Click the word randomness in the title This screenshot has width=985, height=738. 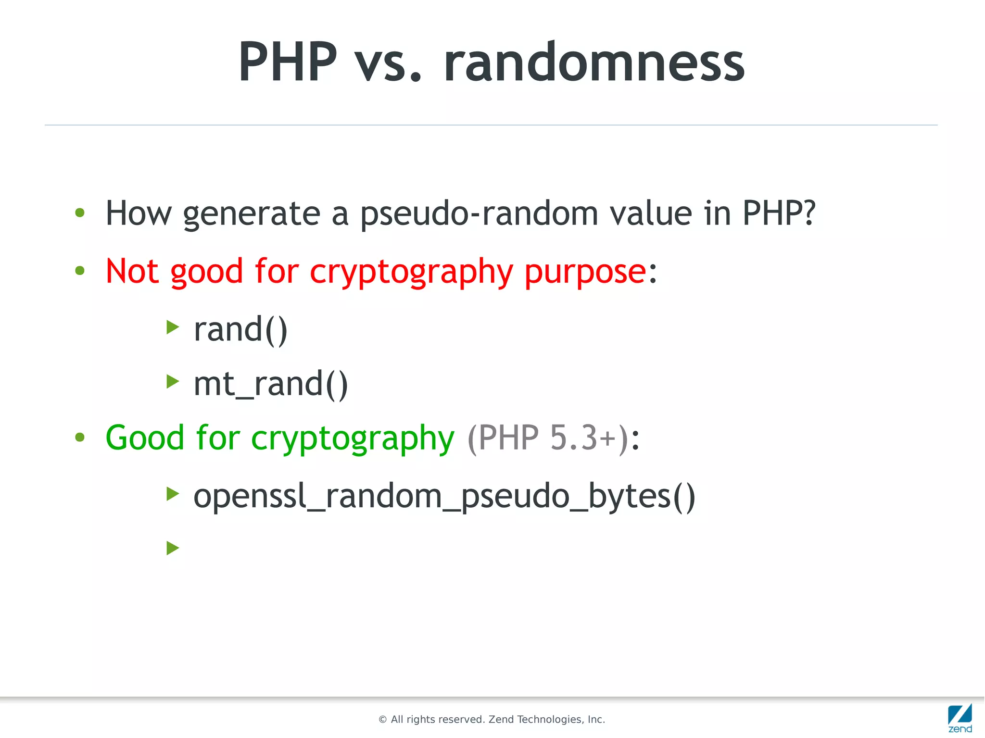pyautogui.click(x=594, y=63)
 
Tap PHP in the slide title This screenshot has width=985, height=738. pyautogui.click(x=288, y=63)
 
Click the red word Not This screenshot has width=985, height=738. pyautogui.click(x=132, y=271)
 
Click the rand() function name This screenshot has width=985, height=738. pyautogui.click(x=240, y=330)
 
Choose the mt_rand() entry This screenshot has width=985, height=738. pyautogui.click(x=270, y=385)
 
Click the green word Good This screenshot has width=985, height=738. pyautogui.click(x=145, y=438)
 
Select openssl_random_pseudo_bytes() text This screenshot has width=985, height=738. pyautogui.click(x=444, y=497)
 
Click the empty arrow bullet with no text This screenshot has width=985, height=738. pyautogui.click(x=173, y=548)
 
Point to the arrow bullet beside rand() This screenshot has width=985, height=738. pyautogui.click(x=173, y=327)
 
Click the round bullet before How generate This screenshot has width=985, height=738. pyautogui.click(x=80, y=213)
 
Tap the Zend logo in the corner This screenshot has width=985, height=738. pyautogui.click(x=960, y=717)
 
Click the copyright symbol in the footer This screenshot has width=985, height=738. pyautogui.click(x=383, y=720)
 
